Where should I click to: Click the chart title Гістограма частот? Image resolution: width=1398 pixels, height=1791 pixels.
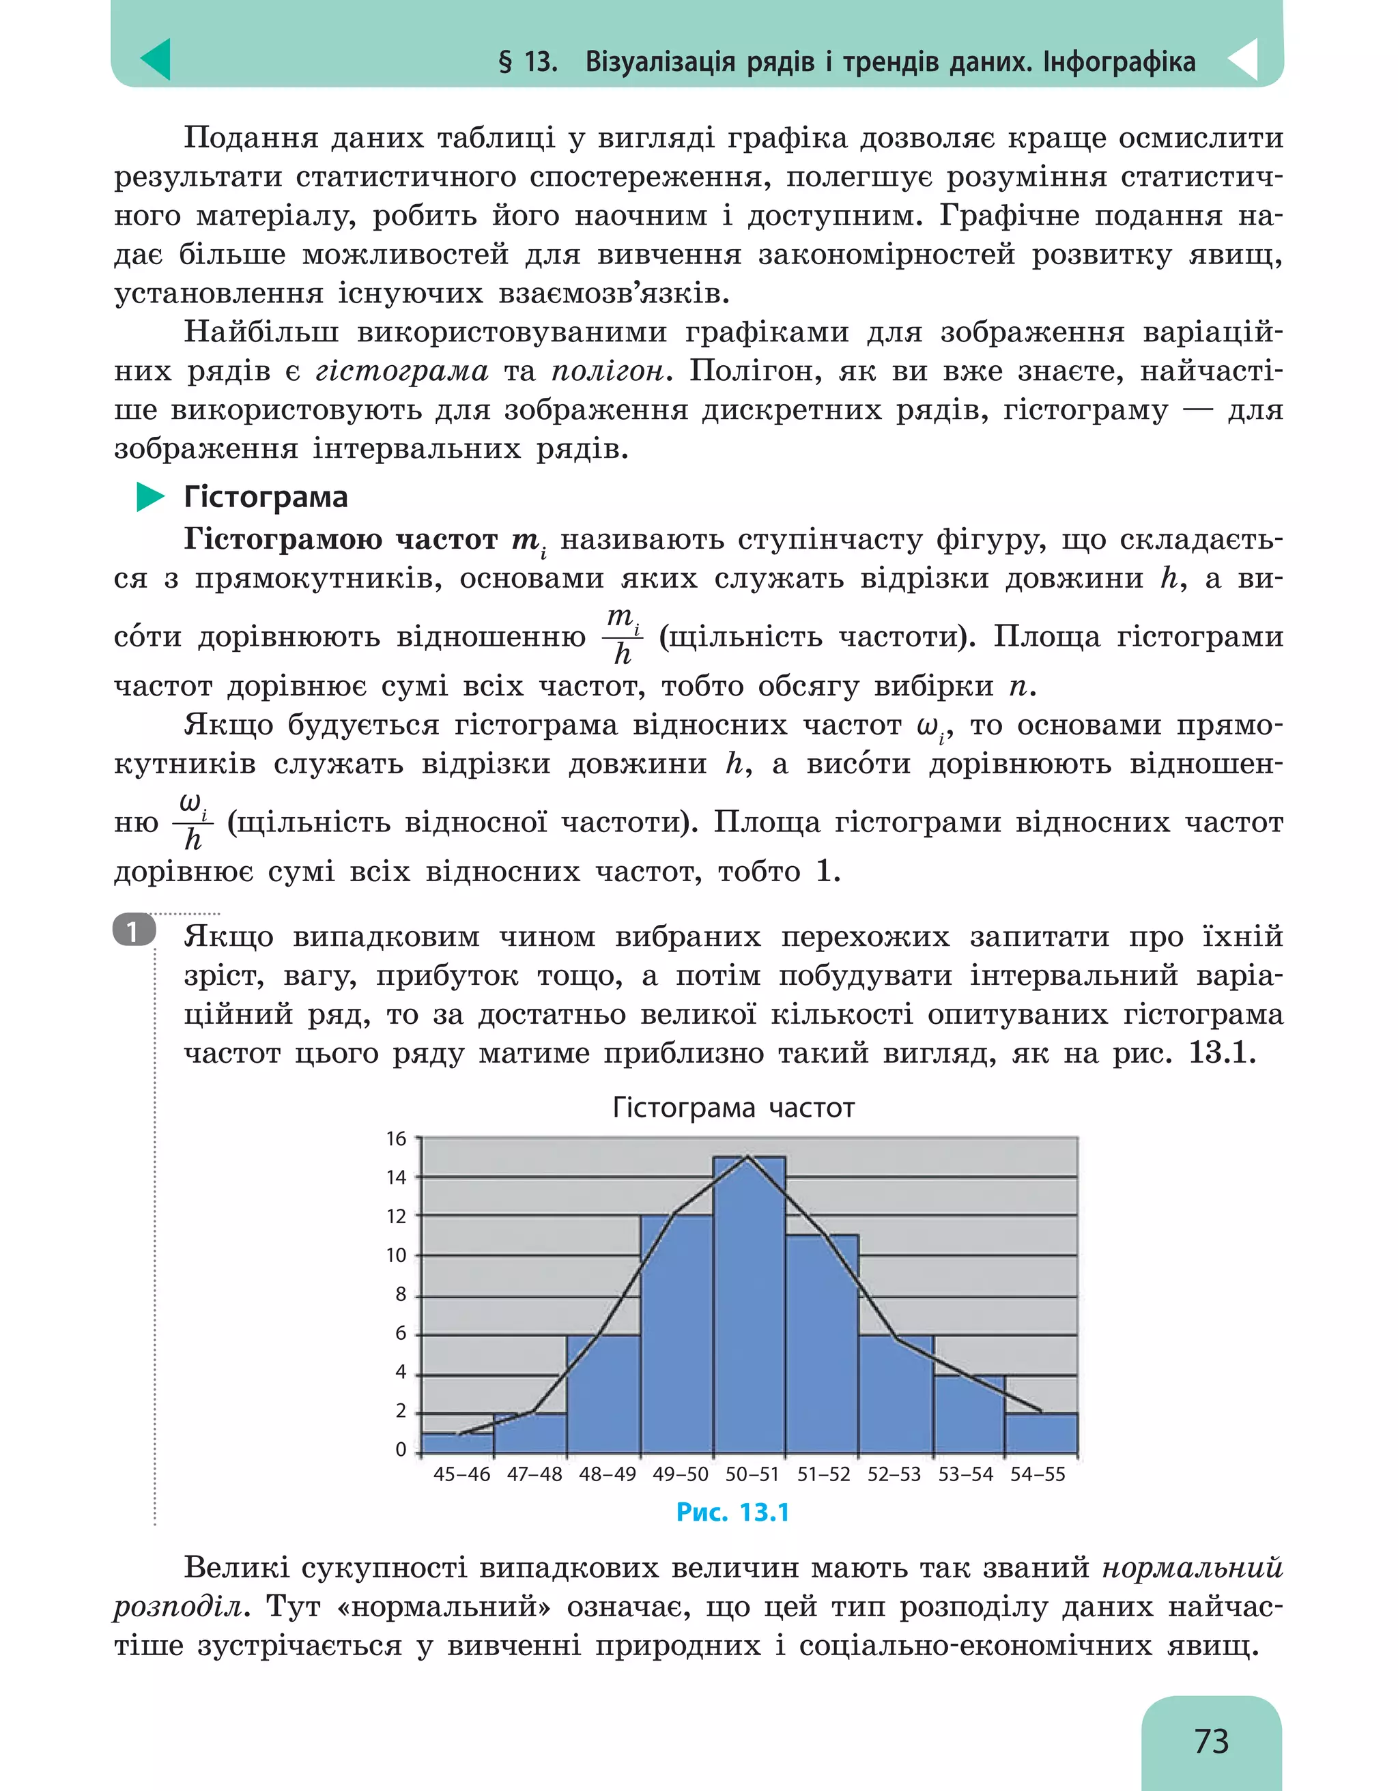[x=733, y=1108]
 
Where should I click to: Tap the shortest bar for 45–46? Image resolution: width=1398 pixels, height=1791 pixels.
[x=457, y=1444]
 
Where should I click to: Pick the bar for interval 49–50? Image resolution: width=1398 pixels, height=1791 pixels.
[x=676, y=1336]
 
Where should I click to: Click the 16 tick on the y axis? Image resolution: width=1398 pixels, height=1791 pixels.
[x=396, y=1138]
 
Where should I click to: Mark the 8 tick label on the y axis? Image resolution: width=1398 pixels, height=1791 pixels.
[x=400, y=1294]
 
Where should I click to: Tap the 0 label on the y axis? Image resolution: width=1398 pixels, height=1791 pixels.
[x=400, y=1450]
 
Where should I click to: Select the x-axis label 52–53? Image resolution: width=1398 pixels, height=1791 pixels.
[x=894, y=1474]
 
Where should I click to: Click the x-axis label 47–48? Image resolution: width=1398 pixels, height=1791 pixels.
[x=534, y=1474]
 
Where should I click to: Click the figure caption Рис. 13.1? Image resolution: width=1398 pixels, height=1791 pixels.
[x=732, y=1513]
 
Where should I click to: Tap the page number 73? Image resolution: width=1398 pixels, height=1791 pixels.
[x=1211, y=1741]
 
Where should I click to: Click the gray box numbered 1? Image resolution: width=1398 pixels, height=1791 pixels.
[x=133, y=931]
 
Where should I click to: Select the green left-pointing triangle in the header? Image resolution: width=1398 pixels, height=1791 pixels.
[x=156, y=59]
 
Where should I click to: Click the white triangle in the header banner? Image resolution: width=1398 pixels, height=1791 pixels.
[x=1244, y=59]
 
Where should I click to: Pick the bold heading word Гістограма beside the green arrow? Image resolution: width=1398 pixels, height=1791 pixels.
[x=266, y=497]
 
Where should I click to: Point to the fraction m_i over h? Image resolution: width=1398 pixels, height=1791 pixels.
[x=623, y=635]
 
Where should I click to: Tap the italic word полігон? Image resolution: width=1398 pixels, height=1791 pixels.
[x=607, y=371]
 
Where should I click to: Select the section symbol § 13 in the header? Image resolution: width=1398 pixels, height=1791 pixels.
[x=527, y=61]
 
